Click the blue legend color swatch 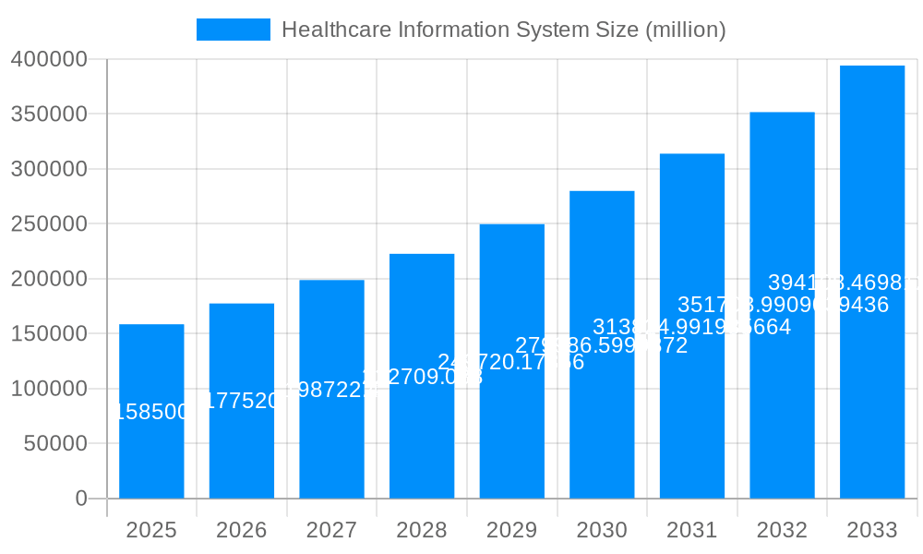pyautogui.click(x=234, y=30)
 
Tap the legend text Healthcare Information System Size pyautogui.click(x=503, y=30)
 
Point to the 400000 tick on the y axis pyautogui.click(x=49, y=60)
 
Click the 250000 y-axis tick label pyautogui.click(x=49, y=224)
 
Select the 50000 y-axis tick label pyautogui.click(x=54, y=444)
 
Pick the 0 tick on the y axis pyautogui.click(x=80, y=499)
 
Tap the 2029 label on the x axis pyautogui.click(x=511, y=530)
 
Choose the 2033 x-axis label pyautogui.click(x=871, y=530)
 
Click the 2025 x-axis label pyautogui.click(x=151, y=530)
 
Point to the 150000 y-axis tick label pyautogui.click(x=49, y=334)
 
